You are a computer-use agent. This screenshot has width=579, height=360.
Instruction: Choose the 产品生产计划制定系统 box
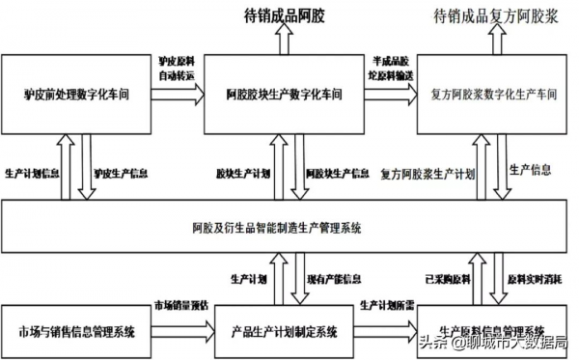pyautogui.click(x=284, y=331)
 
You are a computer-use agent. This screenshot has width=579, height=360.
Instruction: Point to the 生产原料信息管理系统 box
pyautogui.click(x=492, y=331)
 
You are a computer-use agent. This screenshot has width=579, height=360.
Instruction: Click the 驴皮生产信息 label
pyautogui.click(x=120, y=174)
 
